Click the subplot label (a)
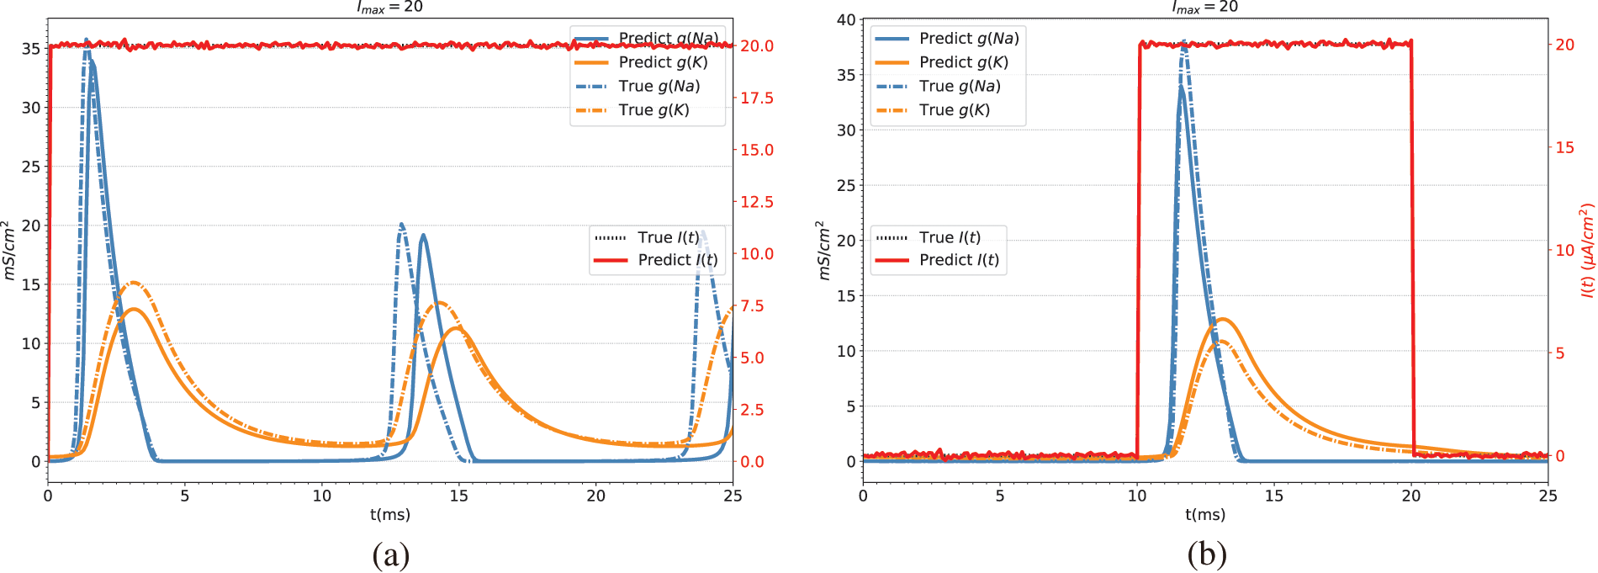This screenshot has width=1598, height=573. [x=390, y=554]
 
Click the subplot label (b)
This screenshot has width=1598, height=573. [x=1207, y=554]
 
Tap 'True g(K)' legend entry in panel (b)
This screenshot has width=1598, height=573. [x=954, y=110]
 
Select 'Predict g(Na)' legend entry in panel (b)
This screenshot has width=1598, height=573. [x=968, y=39]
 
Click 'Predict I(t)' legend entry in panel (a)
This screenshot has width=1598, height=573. [x=677, y=260]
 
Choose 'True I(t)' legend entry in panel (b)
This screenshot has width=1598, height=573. [x=950, y=237]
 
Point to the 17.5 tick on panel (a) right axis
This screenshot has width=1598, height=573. [x=756, y=98]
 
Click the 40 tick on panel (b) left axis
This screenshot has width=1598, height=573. [x=846, y=19]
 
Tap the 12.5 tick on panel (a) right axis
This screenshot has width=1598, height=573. [x=756, y=202]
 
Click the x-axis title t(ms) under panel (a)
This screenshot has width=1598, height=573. [x=390, y=514]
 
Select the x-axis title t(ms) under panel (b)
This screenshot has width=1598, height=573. [x=1205, y=514]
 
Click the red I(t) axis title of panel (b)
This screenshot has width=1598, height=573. [x=1587, y=250]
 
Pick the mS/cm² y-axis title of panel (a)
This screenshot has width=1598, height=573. [x=9, y=250]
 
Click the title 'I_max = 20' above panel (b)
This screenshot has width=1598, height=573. [x=1205, y=8]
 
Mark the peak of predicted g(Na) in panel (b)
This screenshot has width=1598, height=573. [x=1182, y=87]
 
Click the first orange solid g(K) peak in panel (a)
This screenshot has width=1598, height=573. [x=135, y=310]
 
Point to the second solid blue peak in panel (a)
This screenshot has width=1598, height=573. [x=423, y=236]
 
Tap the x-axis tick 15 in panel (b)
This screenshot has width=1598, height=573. [x=1274, y=496]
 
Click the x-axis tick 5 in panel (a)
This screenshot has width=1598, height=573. [x=185, y=496]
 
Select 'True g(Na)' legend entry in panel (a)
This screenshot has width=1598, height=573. [x=659, y=86]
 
